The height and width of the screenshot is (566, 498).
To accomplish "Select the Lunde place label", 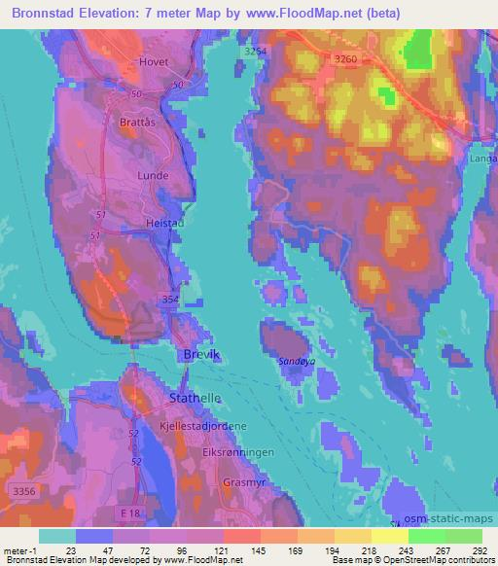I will pos(155,176).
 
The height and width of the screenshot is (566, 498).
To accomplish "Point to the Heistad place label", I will pos(163,223).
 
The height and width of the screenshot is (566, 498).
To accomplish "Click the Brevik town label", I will pos(202,356).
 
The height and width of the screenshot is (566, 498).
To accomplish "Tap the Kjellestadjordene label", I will pos(202,427).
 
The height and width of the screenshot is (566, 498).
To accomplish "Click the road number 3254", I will pos(256,50).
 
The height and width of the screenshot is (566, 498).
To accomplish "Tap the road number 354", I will pos(170,300).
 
